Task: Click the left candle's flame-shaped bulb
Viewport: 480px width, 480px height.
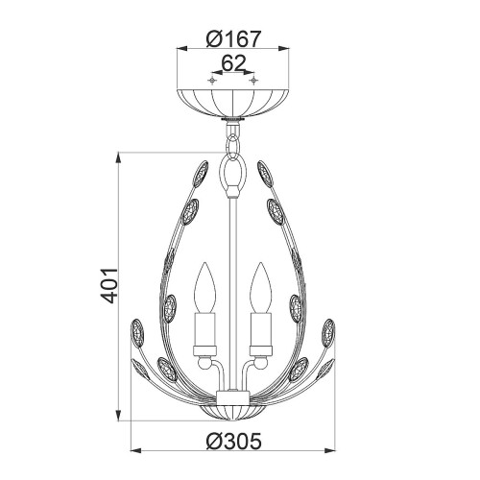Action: click(204, 285)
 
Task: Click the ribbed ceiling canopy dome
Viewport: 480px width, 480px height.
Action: click(231, 100)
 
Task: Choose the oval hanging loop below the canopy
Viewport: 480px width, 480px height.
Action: click(231, 176)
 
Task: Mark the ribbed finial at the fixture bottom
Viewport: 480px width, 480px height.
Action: click(231, 408)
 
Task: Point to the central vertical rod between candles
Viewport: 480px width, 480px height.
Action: click(231, 288)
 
